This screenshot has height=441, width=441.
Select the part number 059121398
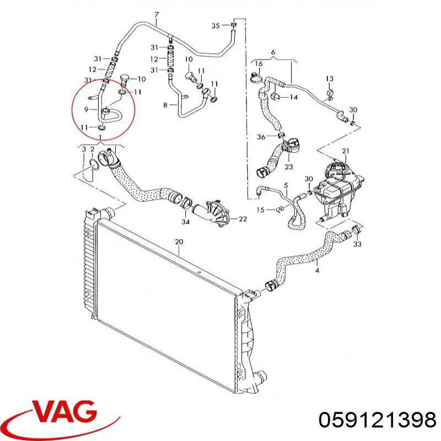378,420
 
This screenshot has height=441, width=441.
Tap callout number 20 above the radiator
179,241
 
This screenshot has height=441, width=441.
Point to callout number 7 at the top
157,15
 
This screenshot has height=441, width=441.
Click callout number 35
216,26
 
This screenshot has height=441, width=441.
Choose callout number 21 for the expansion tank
346,151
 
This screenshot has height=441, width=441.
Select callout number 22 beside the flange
243,219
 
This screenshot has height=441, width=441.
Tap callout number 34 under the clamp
185,222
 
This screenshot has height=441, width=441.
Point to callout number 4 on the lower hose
318,271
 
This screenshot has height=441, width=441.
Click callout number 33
357,244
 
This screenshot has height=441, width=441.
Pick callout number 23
288,166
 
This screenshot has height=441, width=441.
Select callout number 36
261,137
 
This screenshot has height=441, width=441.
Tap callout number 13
329,78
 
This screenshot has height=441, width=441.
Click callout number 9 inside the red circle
87,109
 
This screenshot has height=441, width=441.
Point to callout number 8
165,105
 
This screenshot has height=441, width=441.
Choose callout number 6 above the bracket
273,52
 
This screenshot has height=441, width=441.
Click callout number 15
260,210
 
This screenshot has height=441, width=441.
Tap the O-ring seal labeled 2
94,165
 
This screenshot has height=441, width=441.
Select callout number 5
286,185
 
